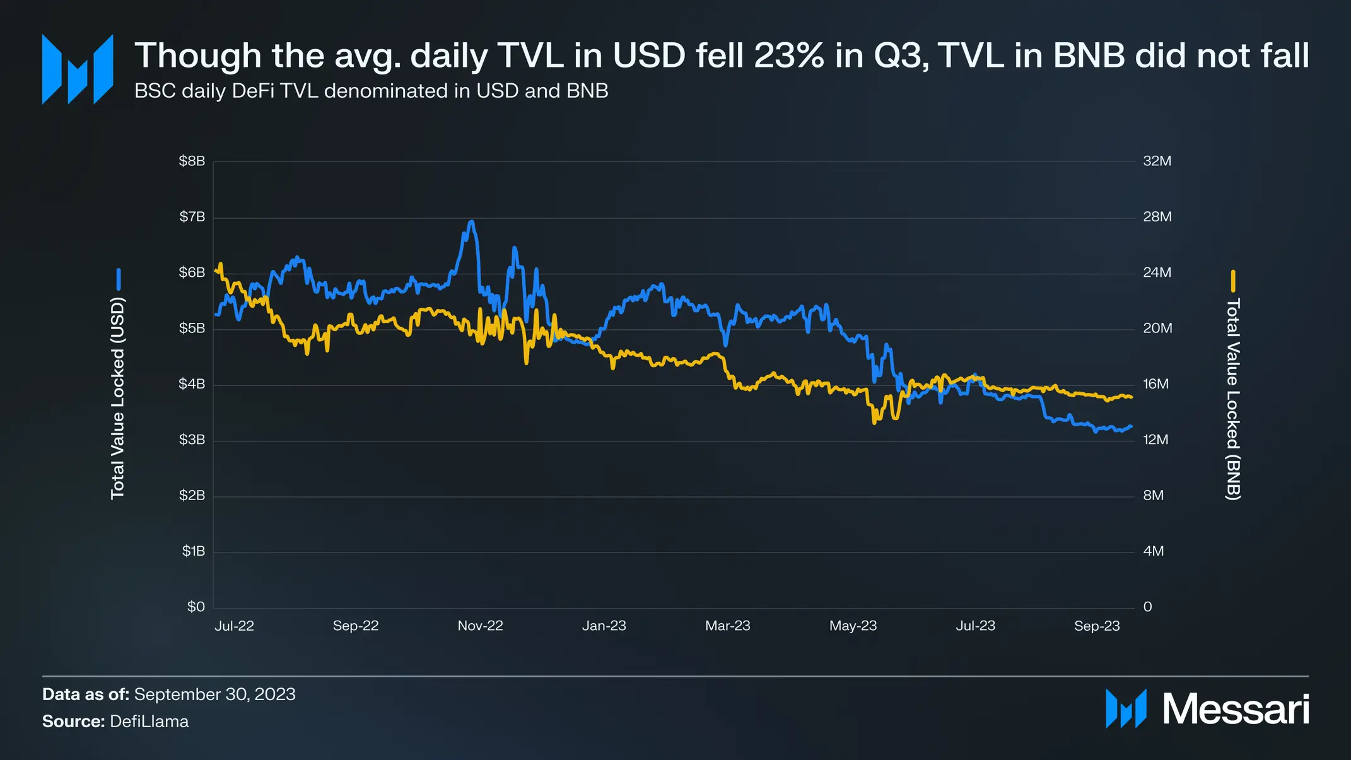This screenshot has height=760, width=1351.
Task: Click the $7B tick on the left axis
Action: point(192,217)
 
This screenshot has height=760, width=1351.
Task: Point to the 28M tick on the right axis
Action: point(1157,217)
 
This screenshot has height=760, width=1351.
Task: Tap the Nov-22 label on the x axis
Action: point(480,626)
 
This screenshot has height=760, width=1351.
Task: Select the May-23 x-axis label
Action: point(853,626)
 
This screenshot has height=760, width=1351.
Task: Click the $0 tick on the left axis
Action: point(196,607)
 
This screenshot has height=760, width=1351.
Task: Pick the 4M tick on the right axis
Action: point(1153,551)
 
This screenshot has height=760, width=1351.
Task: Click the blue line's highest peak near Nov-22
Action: point(471,222)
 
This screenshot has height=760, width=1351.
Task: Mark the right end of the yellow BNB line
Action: point(1132,397)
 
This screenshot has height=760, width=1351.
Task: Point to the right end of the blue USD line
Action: point(1132,426)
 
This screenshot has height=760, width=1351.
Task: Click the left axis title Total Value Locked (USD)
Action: point(118,399)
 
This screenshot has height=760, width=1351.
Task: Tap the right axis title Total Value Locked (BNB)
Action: point(1232,400)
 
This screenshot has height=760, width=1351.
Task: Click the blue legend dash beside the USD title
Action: point(118,279)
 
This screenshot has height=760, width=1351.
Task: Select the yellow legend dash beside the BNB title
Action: point(1232,281)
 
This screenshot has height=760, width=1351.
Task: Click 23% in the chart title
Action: point(788,56)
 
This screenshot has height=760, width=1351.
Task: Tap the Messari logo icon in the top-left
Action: point(78,69)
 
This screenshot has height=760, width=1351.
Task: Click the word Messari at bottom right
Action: point(1235,710)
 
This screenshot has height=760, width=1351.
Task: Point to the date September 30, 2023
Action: point(214,694)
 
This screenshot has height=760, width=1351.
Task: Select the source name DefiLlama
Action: point(149,722)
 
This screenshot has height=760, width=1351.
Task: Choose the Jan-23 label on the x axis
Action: point(604,626)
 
